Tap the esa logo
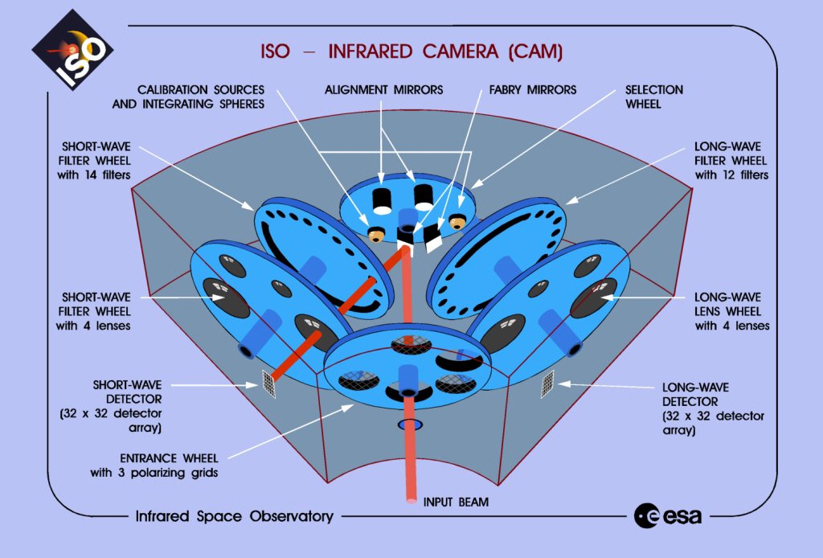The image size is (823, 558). [667, 515]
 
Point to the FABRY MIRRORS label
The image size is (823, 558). [533, 89]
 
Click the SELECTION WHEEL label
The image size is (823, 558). [653, 96]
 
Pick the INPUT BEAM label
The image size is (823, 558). [457, 503]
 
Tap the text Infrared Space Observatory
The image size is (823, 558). [234, 516]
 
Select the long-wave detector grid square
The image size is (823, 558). [547, 384]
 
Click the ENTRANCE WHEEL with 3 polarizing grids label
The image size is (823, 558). [155, 465]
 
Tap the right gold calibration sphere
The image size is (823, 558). [458, 221]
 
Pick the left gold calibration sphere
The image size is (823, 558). [375, 234]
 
